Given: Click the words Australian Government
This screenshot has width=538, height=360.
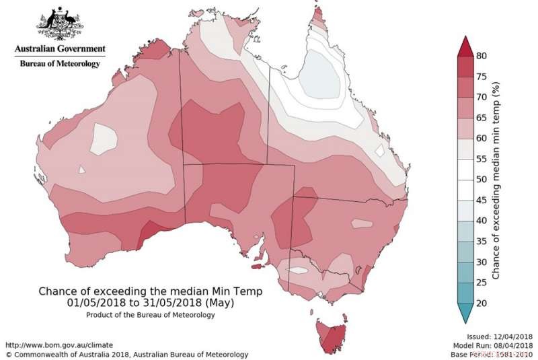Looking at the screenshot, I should [x=61, y=49].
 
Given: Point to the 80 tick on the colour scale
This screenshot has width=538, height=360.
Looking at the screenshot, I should [x=482, y=56].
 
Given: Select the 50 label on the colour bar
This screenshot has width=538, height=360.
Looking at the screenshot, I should [x=482, y=179].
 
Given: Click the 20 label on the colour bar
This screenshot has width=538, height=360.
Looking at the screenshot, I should [x=482, y=303].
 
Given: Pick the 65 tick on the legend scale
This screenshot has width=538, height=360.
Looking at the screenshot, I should [x=482, y=118].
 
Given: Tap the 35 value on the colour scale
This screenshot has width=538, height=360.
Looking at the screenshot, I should [x=482, y=241].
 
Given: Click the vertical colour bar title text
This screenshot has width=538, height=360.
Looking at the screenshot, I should [x=496, y=180].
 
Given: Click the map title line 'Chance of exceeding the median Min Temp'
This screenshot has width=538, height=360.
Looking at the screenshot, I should [x=151, y=291].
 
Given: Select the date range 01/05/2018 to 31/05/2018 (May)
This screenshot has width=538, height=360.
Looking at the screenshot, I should [x=151, y=303].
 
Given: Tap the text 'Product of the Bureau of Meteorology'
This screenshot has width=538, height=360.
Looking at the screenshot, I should [x=151, y=315].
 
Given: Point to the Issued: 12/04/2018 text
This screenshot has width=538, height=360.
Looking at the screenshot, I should [x=500, y=336].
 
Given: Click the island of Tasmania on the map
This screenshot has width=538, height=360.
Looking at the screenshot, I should [x=331, y=335].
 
